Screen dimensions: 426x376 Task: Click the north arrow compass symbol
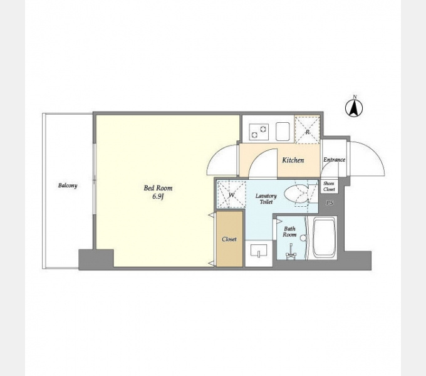click(x=354, y=108)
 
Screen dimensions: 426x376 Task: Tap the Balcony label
click(x=68, y=185)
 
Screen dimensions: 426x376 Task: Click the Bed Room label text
click(x=158, y=188)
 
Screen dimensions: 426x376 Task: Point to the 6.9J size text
click(x=158, y=197)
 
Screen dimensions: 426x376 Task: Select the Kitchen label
click(x=293, y=160)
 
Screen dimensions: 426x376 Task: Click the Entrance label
click(x=334, y=160)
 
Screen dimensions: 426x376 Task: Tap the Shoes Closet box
click(x=330, y=186)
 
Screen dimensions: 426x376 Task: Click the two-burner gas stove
click(x=259, y=132)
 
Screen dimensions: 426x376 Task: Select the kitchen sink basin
click(x=283, y=131)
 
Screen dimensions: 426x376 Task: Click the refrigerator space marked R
click(x=308, y=130)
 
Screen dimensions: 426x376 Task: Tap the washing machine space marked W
click(x=231, y=195)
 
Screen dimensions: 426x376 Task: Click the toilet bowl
click(x=296, y=194)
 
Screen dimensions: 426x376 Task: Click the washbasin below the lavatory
click(x=259, y=251)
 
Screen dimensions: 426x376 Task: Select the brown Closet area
click(x=229, y=239)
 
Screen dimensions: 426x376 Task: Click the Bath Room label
click(x=289, y=232)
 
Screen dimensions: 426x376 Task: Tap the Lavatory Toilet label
click(x=266, y=199)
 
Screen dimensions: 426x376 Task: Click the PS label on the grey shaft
click(x=330, y=203)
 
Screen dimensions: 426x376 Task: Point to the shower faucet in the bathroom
click(x=291, y=252)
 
